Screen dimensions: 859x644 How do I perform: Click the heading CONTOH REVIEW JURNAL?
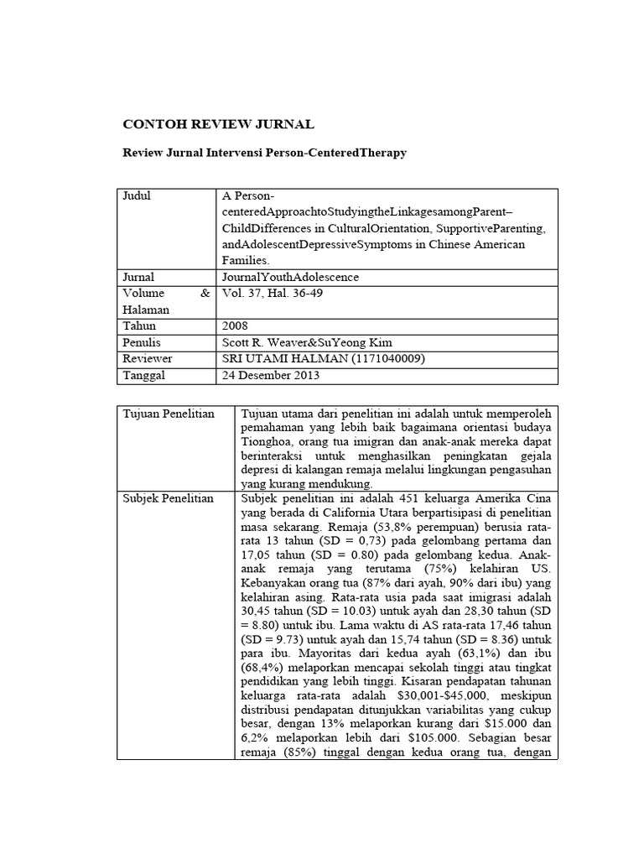pos(218,125)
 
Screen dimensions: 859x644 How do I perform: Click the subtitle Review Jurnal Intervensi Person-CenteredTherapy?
pos(265,155)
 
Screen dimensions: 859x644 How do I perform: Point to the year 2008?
pos(236,325)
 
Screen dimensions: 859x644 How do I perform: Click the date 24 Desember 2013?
pos(271,375)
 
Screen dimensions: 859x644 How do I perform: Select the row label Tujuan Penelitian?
pos(169,414)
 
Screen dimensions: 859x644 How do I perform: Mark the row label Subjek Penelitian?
pos(169,498)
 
